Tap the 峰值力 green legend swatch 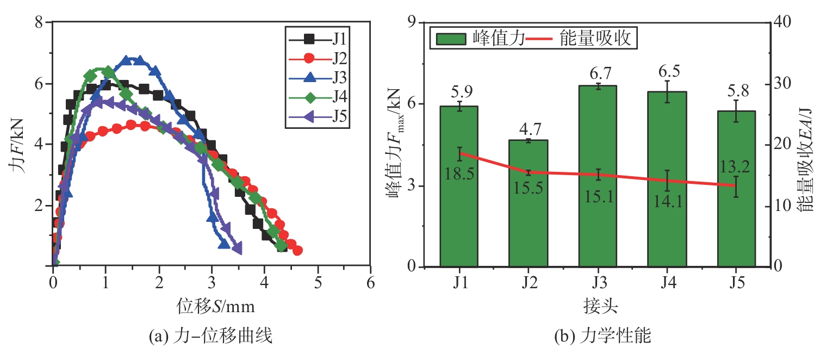click(451, 39)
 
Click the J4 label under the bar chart click(667, 284)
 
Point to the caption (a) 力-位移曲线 click(210, 337)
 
